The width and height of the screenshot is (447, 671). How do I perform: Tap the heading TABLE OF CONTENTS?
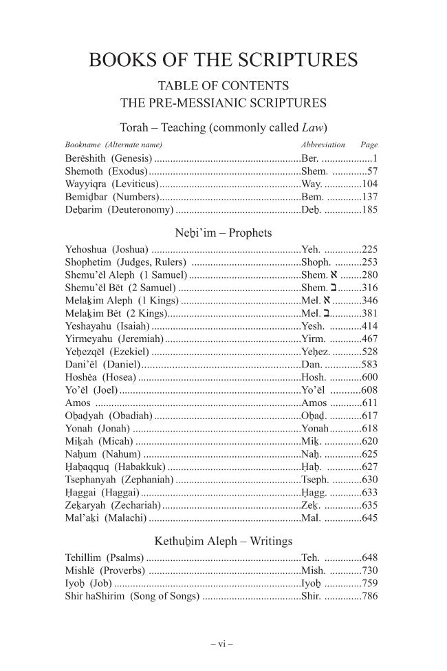click(x=223, y=87)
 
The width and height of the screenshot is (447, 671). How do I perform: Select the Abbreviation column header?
click(x=323, y=145)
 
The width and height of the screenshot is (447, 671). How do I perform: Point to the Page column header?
click(x=369, y=145)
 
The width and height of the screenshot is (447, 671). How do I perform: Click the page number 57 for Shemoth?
click(x=372, y=171)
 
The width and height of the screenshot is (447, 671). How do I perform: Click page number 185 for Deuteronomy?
click(x=369, y=211)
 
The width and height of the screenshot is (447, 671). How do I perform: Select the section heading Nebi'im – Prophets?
click(x=223, y=232)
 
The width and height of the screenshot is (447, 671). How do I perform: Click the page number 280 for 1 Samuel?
click(x=369, y=275)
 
